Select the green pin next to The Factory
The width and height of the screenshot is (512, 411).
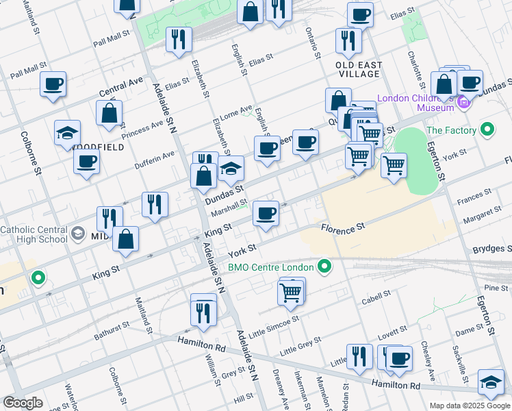click(x=487, y=129)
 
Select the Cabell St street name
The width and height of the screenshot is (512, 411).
click(x=375, y=296)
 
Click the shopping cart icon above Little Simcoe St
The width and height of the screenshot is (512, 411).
click(x=291, y=292)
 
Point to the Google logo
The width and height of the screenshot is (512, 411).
click(x=23, y=403)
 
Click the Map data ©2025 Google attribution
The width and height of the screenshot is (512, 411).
click(x=469, y=405)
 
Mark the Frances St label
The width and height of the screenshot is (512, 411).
click(x=474, y=199)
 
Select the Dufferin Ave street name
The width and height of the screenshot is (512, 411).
click(x=155, y=158)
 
